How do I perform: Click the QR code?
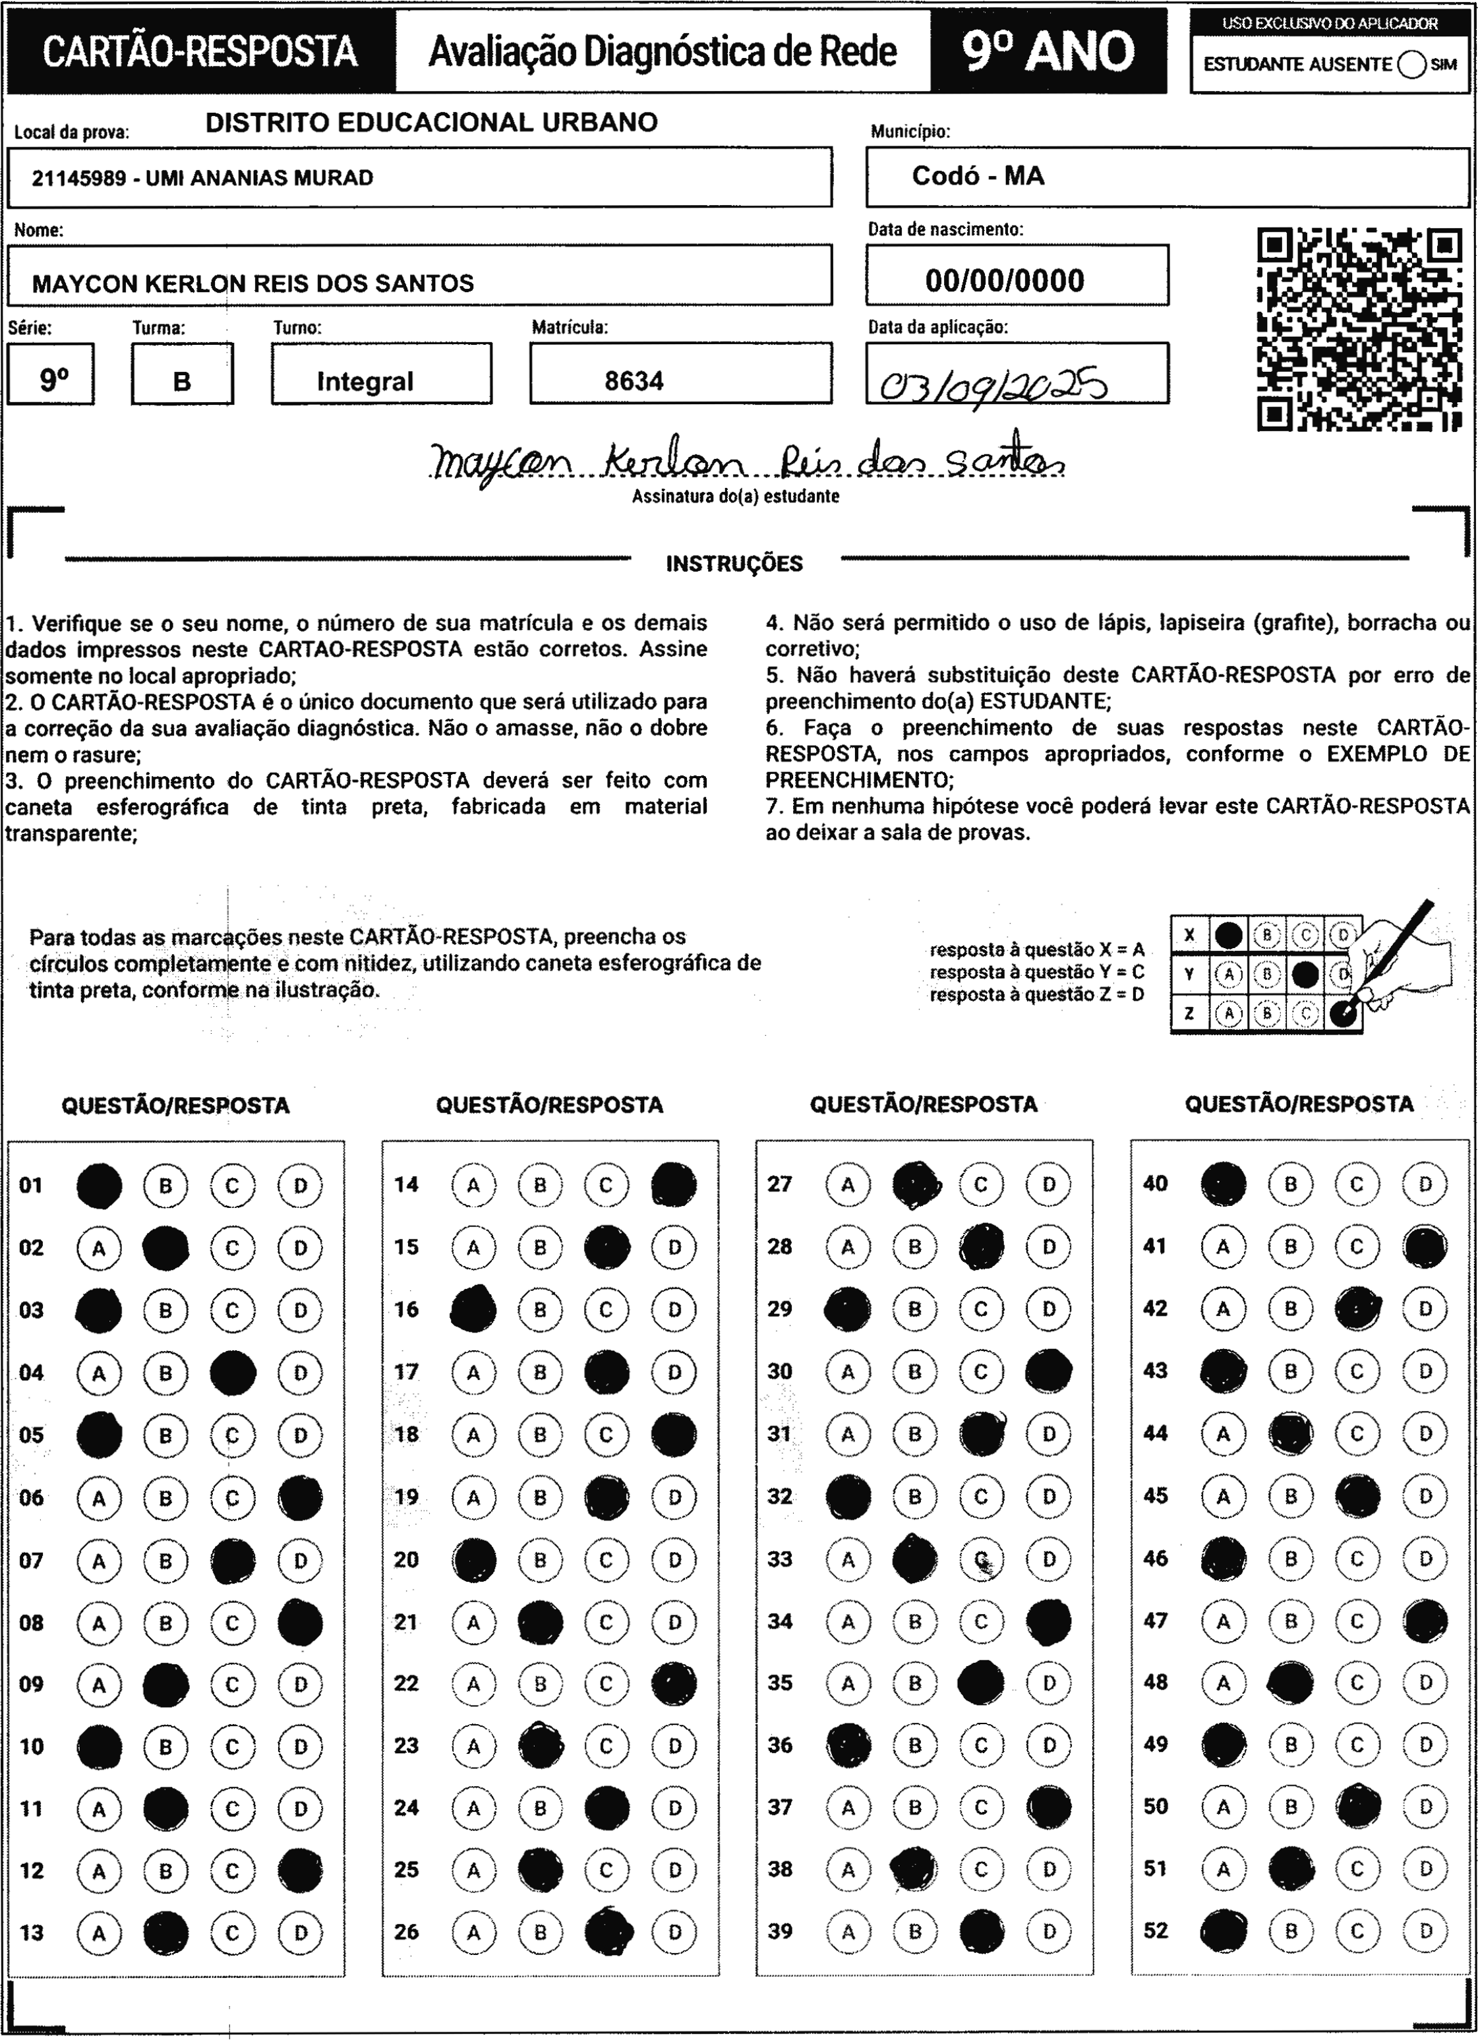pyautogui.click(x=1359, y=329)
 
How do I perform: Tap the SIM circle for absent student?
pyautogui.click(x=1411, y=65)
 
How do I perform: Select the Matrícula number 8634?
pyautogui.click(x=634, y=381)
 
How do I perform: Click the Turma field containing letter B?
pyautogui.click(x=182, y=381)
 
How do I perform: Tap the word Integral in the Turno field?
pyautogui.click(x=365, y=381)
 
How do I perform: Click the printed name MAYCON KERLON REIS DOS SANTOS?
pyautogui.click(x=252, y=284)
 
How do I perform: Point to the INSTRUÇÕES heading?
pyautogui.click(x=734, y=564)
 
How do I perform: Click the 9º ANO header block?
pyautogui.click(x=1048, y=51)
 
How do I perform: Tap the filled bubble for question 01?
pyautogui.click(x=99, y=1185)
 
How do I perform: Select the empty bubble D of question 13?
pyautogui.click(x=299, y=1932)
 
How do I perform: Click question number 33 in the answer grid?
pyautogui.click(x=780, y=1558)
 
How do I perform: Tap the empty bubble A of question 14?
pyautogui.click(x=473, y=1185)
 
